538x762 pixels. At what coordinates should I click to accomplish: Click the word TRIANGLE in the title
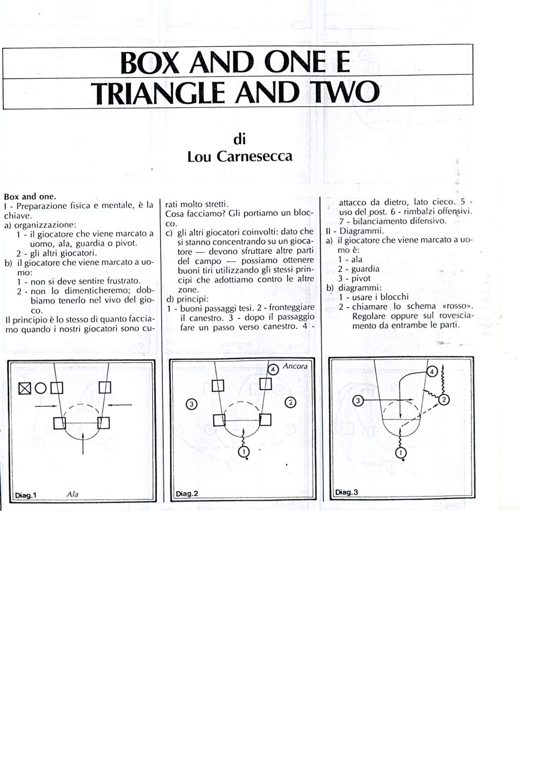pos(158,93)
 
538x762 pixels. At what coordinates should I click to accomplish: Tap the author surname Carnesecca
pos(254,156)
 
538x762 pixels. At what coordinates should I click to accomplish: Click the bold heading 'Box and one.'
pos(30,196)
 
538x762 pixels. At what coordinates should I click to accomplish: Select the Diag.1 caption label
pos(25,495)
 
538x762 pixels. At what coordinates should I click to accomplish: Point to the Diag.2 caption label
pos(187,494)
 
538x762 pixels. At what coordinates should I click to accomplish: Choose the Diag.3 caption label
pos(346,492)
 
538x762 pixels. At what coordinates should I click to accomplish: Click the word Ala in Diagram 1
pos(72,494)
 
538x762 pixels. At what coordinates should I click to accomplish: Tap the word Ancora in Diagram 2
pos(295,366)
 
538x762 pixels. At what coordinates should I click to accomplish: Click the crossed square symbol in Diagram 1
pos(24,388)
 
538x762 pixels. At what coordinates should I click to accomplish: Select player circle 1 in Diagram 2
pos(244,451)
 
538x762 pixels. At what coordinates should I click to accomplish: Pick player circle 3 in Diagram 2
pos(191,404)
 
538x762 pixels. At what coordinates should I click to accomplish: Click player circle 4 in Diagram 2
pos(273,369)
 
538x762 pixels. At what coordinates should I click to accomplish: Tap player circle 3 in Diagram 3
pos(358,401)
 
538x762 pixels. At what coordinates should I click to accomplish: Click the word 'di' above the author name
pos(239,139)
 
